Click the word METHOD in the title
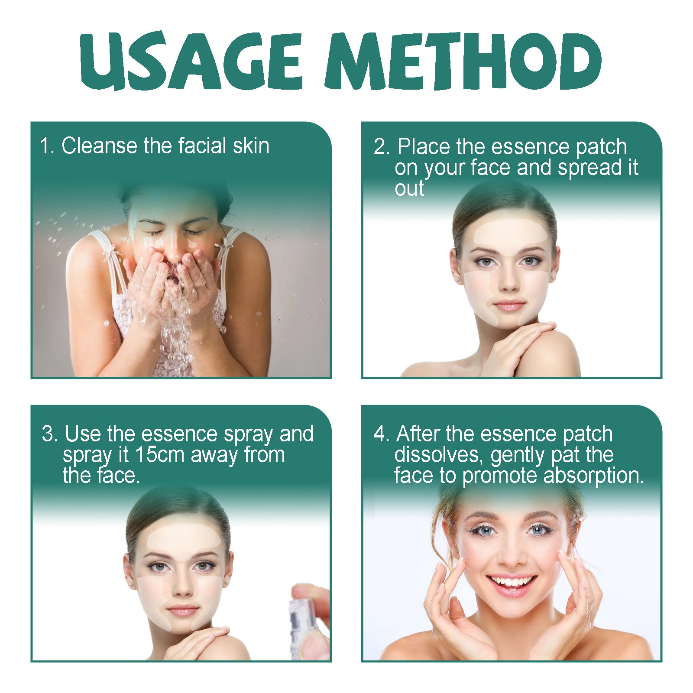click(463, 61)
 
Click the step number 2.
click(382, 147)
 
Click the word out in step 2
click(409, 188)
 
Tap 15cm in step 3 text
click(160, 455)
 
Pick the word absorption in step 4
click(593, 476)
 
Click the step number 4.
click(381, 434)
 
